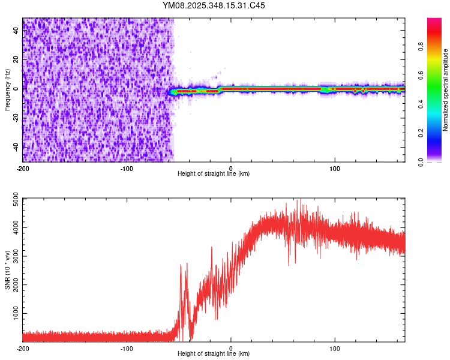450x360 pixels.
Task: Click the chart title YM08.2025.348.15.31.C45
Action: pyautogui.click(x=214, y=5)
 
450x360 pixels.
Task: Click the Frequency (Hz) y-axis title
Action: pyautogui.click(x=7, y=90)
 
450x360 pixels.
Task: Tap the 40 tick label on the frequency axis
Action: pyautogui.click(x=16, y=31)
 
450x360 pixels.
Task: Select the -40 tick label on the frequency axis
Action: pyautogui.click(x=16, y=146)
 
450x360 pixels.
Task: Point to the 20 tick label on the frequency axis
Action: pyautogui.click(x=16, y=59)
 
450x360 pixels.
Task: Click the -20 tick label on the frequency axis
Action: pyautogui.click(x=16, y=118)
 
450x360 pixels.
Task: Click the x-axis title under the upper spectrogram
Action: pyautogui.click(x=214, y=173)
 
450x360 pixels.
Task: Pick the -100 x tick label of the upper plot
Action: pyautogui.click(x=127, y=167)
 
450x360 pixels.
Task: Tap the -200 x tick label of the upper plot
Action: pyautogui.click(x=23, y=167)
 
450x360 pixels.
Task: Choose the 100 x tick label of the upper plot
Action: pyautogui.click(x=335, y=167)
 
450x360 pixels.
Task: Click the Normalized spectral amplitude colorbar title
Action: pyautogui.click(x=446, y=90)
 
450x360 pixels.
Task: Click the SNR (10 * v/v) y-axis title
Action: pyautogui.click(x=7, y=270)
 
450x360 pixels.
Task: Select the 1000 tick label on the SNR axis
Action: pyautogui.click(x=13, y=314)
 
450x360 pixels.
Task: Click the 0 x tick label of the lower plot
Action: pyautogui.click(x=231, y=348)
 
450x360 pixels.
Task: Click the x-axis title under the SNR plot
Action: pyautogui.click(x=214, y=354)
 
